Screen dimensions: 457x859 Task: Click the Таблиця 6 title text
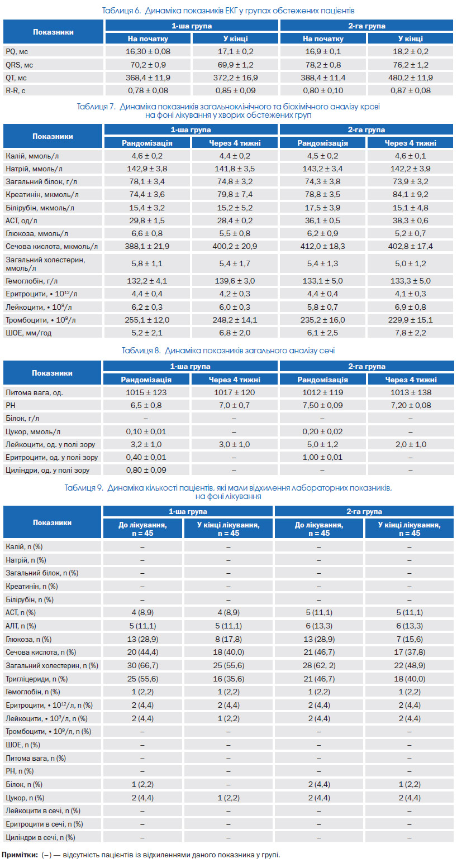(228, 11)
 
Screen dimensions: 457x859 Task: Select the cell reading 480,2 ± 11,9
(410, 78)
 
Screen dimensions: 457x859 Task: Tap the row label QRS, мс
(19, 65)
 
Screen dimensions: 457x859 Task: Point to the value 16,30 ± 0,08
(147, 51)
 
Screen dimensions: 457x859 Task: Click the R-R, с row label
(15, 90)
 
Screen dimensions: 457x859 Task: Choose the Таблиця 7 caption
(229, 111)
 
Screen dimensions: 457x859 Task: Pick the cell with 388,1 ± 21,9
(147, 246)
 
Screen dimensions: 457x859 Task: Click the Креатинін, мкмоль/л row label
(42, 194)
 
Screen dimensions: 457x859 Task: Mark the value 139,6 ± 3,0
(235, 281)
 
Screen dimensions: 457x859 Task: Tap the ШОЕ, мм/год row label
(28, 333)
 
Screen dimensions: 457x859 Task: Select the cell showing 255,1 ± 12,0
(147, 320)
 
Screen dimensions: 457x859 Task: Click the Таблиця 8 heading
(229, 350)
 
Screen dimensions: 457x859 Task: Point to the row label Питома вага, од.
(34, 392)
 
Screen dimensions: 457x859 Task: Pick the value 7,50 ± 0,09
(322, 405)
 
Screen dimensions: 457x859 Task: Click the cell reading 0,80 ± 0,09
(146, 470)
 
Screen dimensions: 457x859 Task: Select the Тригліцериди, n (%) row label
(36, 679)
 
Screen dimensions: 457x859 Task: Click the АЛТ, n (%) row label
(21, 626)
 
